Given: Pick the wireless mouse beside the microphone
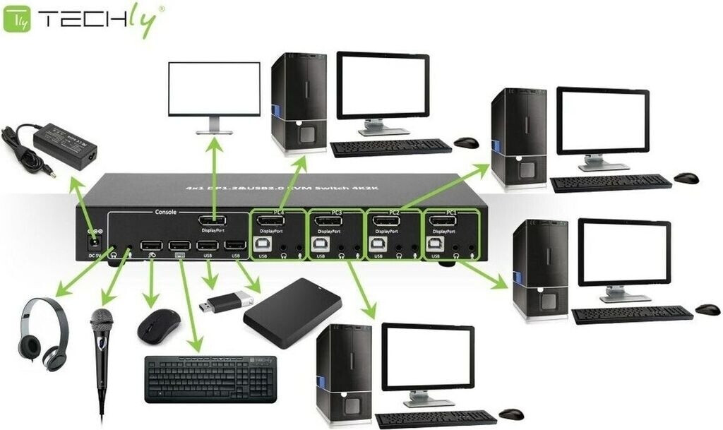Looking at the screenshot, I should (x=158, y=326).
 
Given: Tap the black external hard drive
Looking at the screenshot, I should (x=292, y=311).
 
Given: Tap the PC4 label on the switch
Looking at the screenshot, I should (x=278, y=213).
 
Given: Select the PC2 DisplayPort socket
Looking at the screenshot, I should (x=386, y=225).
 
